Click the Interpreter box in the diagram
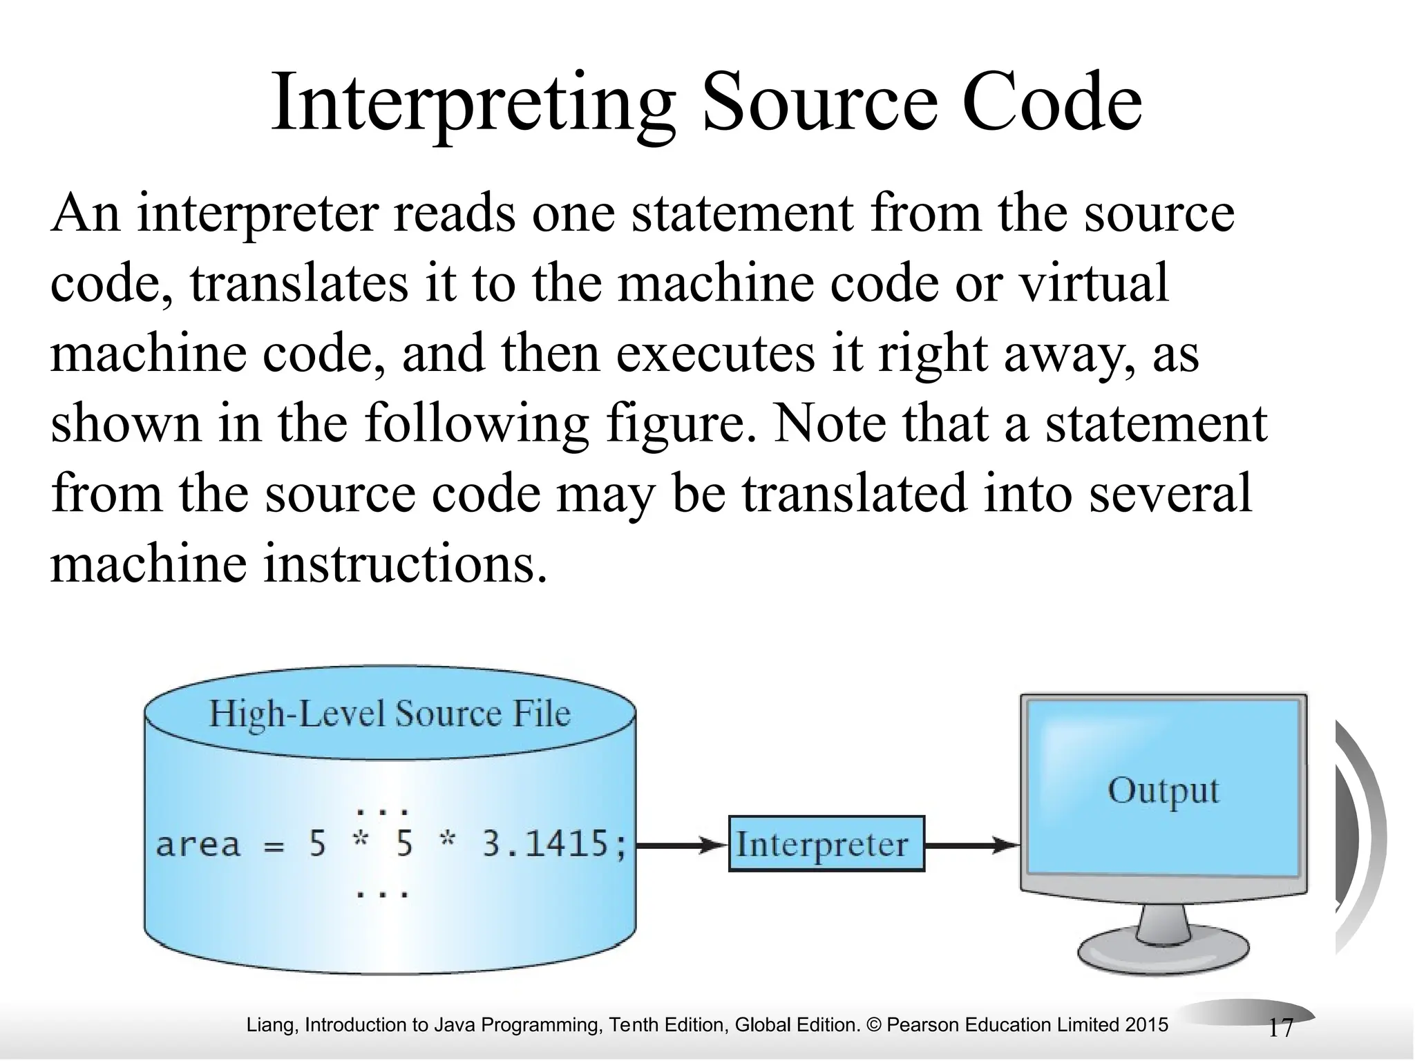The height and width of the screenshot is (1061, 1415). (x=826, y=844)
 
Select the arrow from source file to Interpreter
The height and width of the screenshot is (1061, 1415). (x=681, y=845)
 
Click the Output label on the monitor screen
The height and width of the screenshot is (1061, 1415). (x=1164, y=791)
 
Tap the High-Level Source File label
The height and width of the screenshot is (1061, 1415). (x=390, y=714)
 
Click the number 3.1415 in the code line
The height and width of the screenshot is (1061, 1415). (x=547, y=844)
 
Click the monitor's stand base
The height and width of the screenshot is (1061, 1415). (x=1164, y=954)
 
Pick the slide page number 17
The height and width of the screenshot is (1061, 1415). (x=1280, y=1029)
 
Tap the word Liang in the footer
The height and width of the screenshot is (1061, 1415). (x=271, y=1025)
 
